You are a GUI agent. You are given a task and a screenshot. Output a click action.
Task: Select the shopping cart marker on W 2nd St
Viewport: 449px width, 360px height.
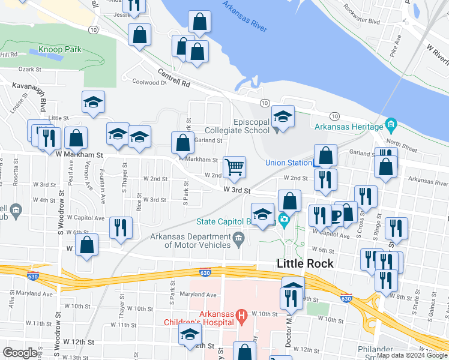pyautogui.click(x=234, y=166)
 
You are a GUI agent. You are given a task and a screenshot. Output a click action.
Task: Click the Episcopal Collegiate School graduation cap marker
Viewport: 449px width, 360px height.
pyautogui.click(x=283, y=116)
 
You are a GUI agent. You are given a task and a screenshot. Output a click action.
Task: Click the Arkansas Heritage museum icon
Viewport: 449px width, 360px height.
pyautogui.click(x=391, y=127)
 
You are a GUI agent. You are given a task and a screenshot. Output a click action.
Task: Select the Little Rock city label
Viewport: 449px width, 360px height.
pyautogui.click(x=305, y=263)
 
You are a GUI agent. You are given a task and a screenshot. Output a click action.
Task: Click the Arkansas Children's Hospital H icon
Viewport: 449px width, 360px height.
pyautogui.click(x=241, y=314)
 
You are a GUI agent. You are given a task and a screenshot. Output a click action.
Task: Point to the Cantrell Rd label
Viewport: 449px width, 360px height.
pyautogui.click(x=173, y=76)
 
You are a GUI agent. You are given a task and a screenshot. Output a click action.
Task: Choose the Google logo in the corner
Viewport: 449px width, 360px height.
pyautogui.click(x=20, y=353)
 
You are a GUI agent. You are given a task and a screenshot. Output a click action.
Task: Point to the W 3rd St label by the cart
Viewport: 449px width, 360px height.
pyautogui.click(x=236, y=190)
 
